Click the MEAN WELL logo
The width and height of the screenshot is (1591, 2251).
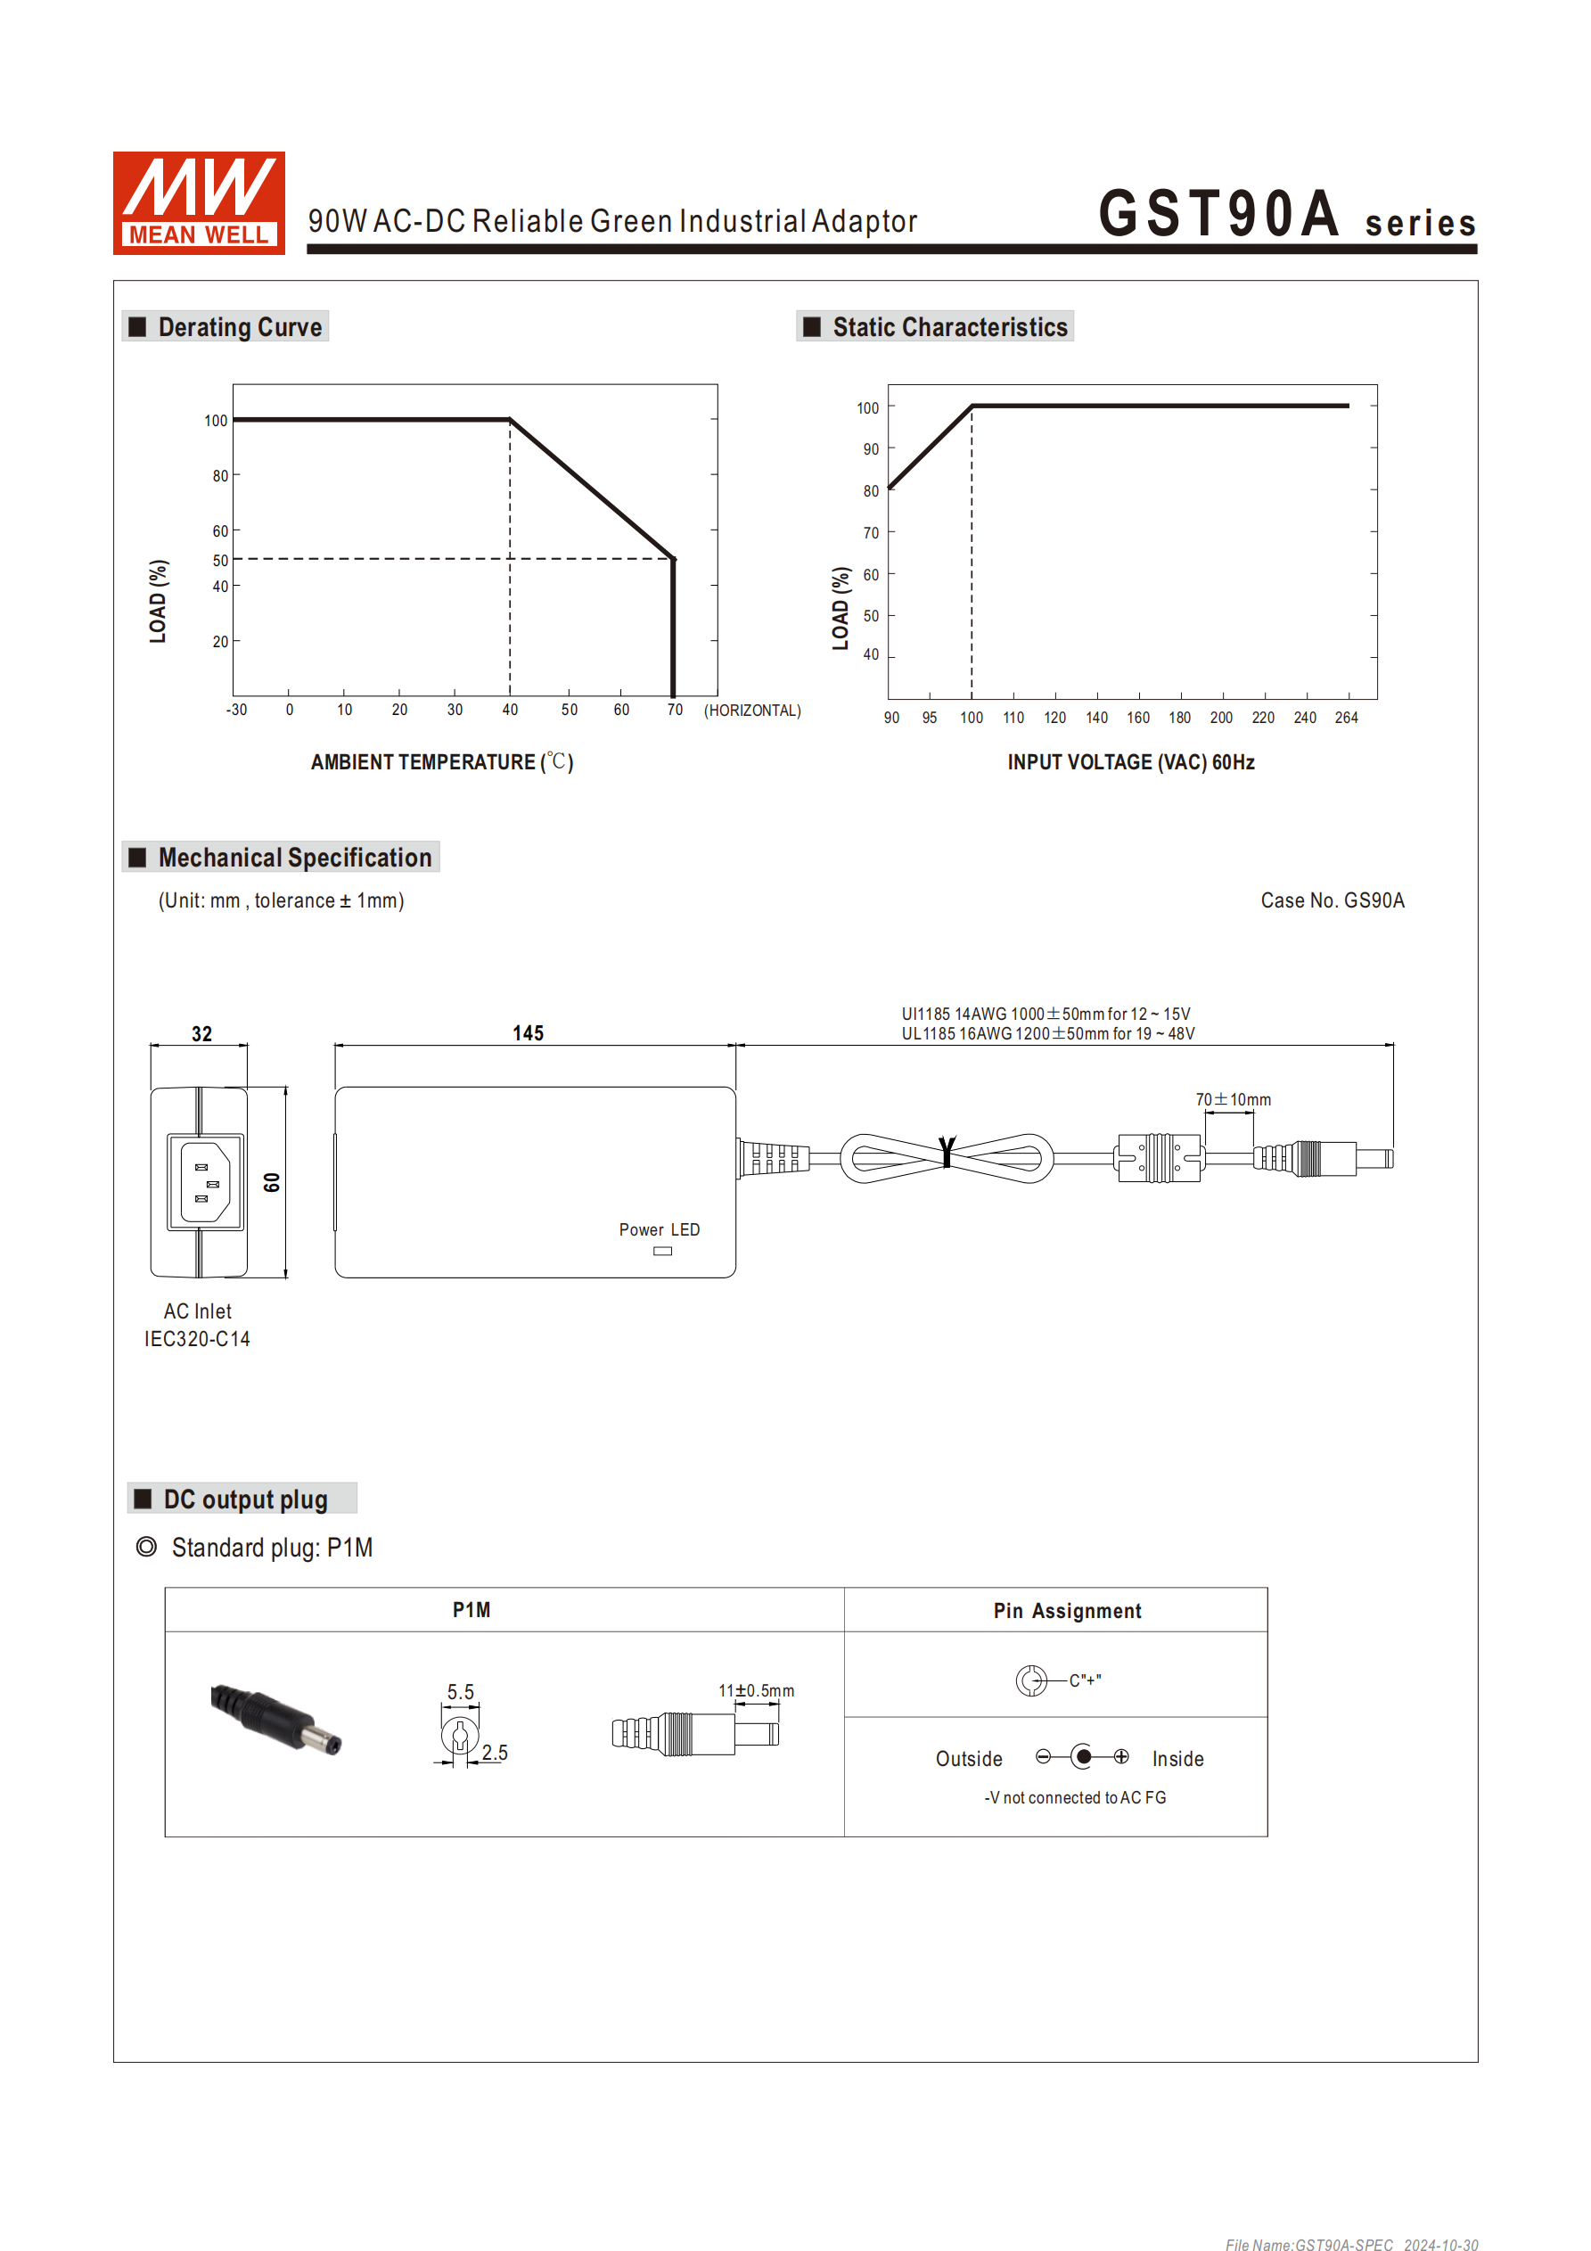pos(198,203)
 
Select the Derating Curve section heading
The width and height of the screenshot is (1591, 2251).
pos(239,327)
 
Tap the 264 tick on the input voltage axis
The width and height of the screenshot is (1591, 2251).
pos(1346,718)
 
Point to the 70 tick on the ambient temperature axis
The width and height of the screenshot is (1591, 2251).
pos(675,710)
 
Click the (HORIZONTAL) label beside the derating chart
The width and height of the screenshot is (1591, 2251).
pos(752,711)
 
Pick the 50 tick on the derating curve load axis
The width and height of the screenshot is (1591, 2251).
pos(220,561)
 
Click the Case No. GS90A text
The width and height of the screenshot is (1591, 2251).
pos(1332,901)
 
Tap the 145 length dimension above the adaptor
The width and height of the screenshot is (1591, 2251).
pos(528,1033)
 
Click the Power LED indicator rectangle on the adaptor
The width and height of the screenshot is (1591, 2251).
pos(662,1251)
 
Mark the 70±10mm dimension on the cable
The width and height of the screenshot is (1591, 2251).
pos(1232,1100)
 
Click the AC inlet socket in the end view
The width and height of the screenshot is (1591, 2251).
pos(205,1182)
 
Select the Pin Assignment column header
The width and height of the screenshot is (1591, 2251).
pos(1067,1611)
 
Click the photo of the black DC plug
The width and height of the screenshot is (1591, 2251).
pos(275,1719)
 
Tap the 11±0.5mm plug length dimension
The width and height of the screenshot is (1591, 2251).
pos(756,1691)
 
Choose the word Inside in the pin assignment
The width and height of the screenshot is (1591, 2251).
pos(1177,1759)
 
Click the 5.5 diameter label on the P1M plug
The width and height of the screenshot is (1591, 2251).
pos(460,1692)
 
